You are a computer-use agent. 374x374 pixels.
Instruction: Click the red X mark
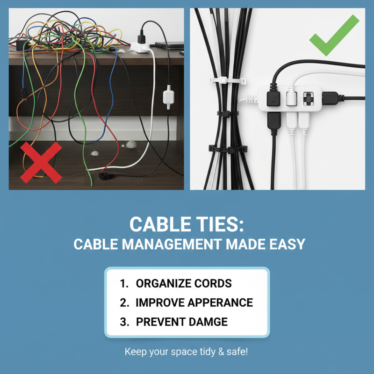(41, 162)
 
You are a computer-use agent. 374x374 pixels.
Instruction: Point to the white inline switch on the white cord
(168, 98)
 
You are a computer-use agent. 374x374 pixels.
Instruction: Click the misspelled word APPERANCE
(221, 302)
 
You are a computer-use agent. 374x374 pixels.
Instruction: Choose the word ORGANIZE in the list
(164, 284)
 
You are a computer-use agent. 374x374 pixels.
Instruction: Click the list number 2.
(123, 302)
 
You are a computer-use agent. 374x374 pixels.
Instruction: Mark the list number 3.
(123, 322)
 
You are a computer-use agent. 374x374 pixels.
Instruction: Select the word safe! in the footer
(237, 351)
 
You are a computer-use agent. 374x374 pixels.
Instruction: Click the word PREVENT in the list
(161, 322)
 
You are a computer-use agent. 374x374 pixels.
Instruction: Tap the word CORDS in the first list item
(214, 284)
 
